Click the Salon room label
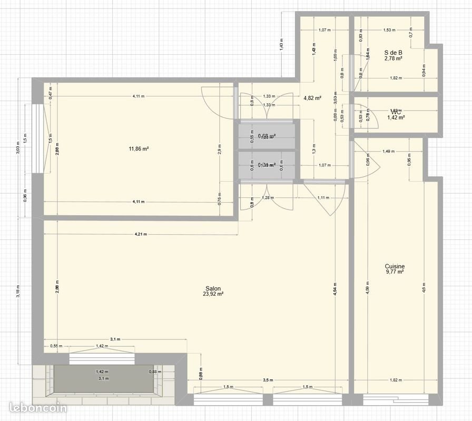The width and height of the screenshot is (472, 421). point(213,288)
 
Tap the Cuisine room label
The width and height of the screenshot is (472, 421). point(395,266)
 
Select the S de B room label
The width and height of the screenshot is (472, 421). point(394,52)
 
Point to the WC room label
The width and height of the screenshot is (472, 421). point(396,112)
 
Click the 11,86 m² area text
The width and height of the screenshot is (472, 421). point(139,149)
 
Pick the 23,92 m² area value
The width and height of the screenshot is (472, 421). point(213,295)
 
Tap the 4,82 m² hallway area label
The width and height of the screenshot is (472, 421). point(312,98)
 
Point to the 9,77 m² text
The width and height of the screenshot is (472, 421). point(395,272)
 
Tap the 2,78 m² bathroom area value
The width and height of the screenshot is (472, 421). point(394,58)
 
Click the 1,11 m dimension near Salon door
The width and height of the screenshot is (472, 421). point(323,198)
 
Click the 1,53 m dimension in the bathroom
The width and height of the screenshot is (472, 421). point(389,30)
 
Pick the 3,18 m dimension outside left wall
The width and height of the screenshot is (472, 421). point(18,293)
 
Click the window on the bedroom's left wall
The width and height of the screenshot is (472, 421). point(37,138)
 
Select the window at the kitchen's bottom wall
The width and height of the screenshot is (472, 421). point(395,399)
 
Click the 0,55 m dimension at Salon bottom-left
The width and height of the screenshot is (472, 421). point(56,346)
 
